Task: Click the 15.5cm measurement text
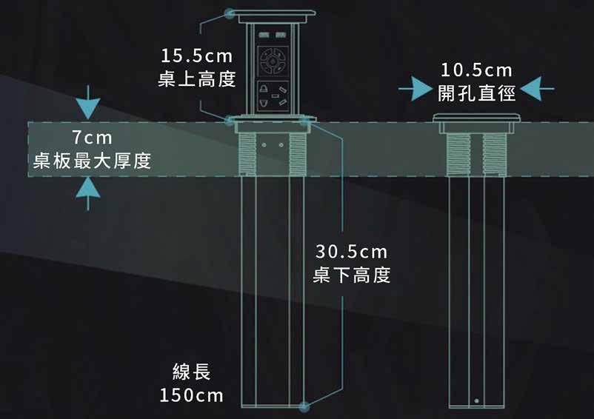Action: coord(197,56)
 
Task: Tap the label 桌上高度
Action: coord(197,78)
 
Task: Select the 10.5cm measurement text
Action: coord(476,70)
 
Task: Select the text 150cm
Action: coord(192,395)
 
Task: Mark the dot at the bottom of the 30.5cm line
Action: coord(304,406)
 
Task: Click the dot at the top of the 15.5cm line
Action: coord(230,14)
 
